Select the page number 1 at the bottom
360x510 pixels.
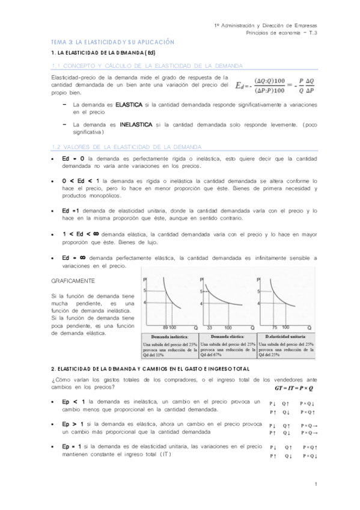pos(316,484)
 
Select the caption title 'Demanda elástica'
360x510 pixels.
pos(228,336)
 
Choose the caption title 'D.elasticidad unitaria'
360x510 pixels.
pos(285,336)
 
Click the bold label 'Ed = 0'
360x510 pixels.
pos(73,158)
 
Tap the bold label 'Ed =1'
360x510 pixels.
pos(71,211)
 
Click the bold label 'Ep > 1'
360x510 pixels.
pos(73,424)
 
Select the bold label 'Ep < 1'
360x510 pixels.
pos(73,401)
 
